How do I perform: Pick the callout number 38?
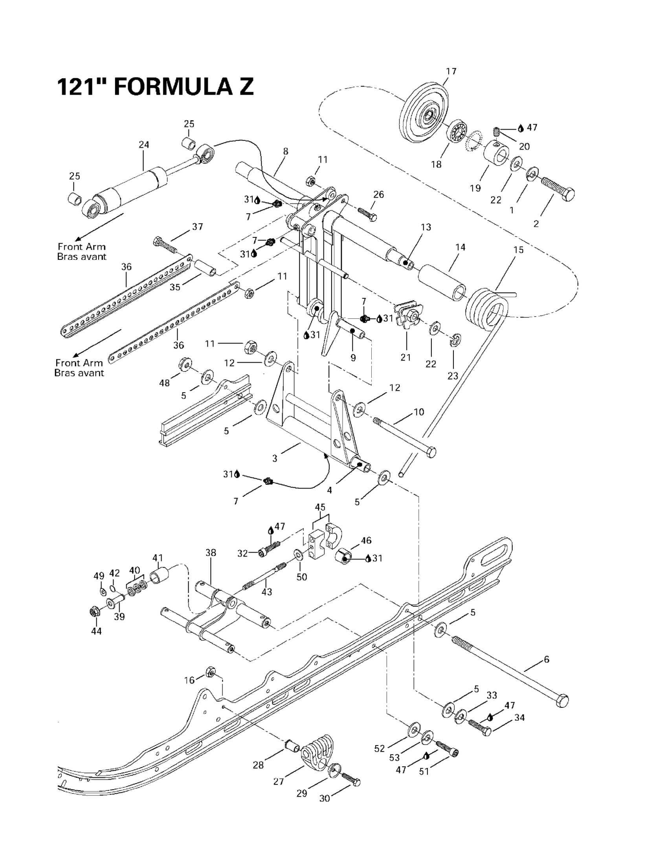(x=210, y=553)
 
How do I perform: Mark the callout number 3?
(x=275, y=459)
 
